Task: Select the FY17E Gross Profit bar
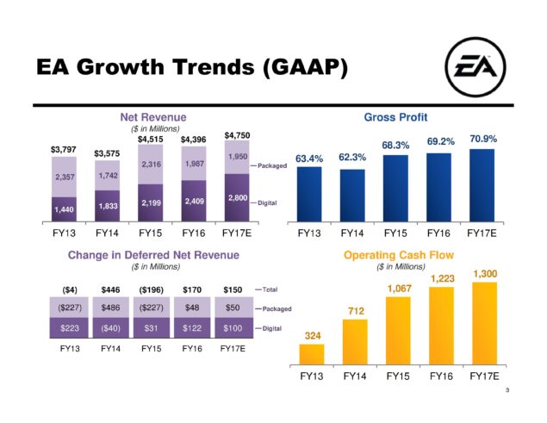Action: click(483, 185)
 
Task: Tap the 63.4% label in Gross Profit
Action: click(309, 159)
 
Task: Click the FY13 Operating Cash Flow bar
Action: click(312, 354)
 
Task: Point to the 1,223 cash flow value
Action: click(440, 279)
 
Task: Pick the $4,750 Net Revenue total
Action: click(238, 135)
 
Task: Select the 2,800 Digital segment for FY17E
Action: click(238, 198)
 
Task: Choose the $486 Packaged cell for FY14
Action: click(109, 307)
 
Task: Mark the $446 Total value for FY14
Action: click(109, 289)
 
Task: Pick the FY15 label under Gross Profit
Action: click(397, 233)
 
